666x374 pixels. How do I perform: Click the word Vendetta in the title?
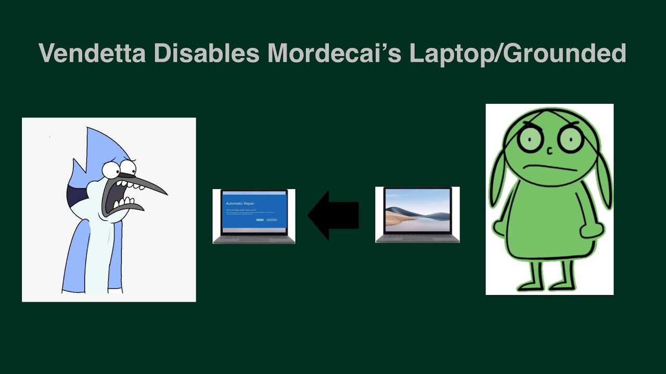coord(92,54)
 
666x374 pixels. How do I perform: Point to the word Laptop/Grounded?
coord(517,54)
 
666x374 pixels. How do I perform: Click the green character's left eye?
coord(530,138)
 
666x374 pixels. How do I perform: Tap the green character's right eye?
coord(570,138)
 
